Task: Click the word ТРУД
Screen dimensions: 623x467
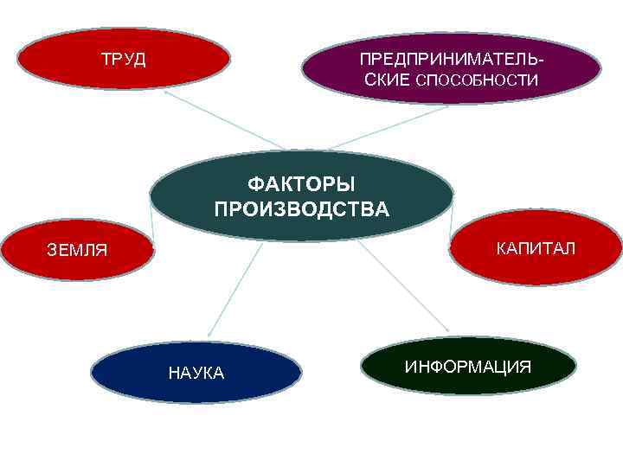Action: click(x=123, y=60)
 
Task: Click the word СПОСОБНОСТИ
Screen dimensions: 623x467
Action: click(x=477, y=80)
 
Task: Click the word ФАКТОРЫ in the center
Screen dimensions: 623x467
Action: click(x=301, y=184)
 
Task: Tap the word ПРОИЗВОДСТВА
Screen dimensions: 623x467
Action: click(x=301, y=209)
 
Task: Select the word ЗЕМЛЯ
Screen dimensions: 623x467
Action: click(x=77, y=251)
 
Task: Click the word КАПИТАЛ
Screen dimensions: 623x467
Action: click(x=535, y=249)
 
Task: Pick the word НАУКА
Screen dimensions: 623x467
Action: click(x=196, y=373)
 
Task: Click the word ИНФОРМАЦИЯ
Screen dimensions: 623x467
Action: click(x=468, y=366)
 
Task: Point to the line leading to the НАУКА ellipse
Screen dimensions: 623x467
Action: click(x=234, y=289)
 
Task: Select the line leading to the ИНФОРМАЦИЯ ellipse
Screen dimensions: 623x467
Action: click(x=403, y=285)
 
